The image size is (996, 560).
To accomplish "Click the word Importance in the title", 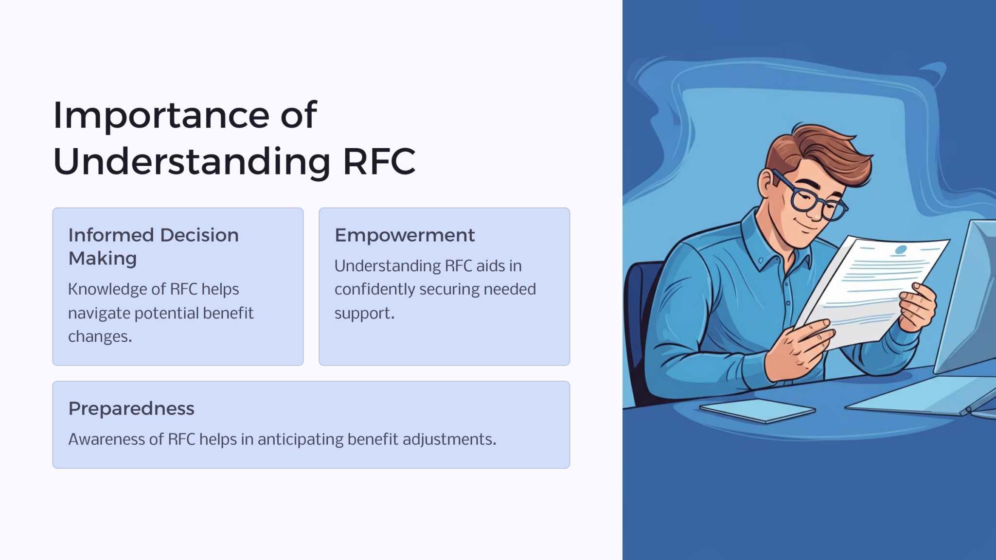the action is click(161, 116).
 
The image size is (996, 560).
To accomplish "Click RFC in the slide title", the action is click(379, 161).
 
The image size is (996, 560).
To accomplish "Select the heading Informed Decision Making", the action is click(154, 246).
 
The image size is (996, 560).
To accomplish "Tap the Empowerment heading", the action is click(405, 236).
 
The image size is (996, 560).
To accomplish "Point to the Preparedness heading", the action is click(131, 409).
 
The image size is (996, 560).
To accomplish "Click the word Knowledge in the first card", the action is click(107, 289).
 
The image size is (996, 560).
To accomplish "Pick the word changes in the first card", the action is click(100, 336).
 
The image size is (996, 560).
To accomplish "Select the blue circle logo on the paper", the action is click(901, 249).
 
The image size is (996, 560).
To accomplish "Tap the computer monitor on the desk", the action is click(965, 297).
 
